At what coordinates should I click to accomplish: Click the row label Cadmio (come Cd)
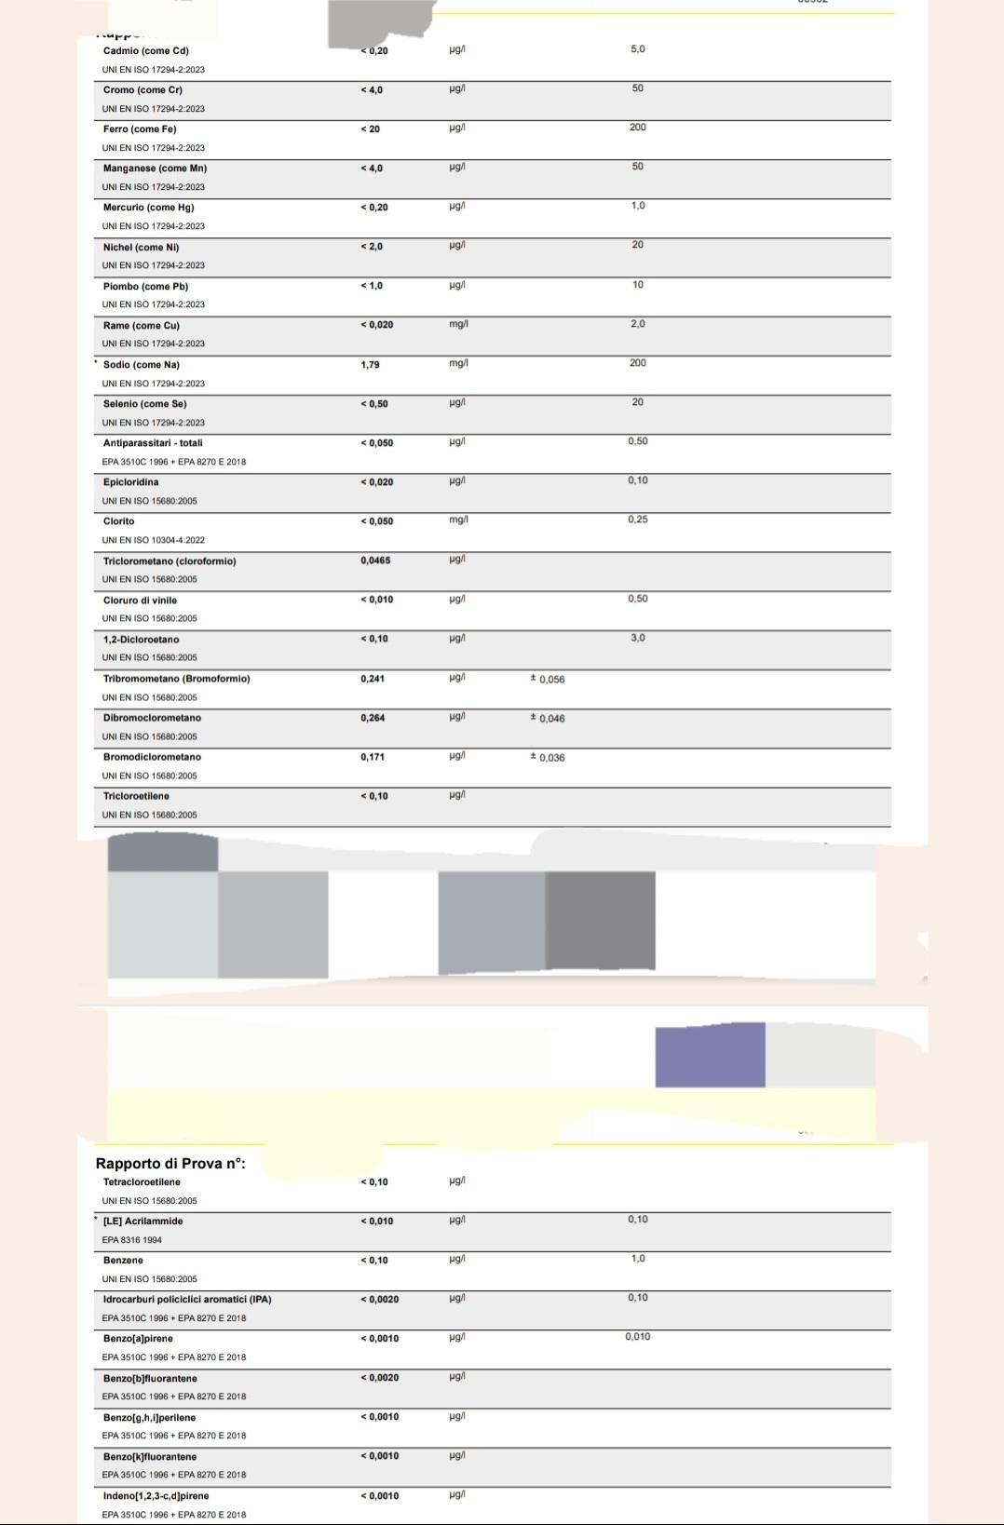[145, 51]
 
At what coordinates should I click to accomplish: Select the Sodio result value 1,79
[370, 365]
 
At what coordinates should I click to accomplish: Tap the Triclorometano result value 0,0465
[375, 561]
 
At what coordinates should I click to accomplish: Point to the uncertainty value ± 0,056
[548, 680]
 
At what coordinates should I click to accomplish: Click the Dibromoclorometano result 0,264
[373, 718]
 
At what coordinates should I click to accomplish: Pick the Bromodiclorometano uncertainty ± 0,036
[548, 758]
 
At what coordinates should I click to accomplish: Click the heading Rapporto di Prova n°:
[170, 1163]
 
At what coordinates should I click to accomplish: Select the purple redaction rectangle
[710, 1056]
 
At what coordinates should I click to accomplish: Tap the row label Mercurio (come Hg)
[148, 208]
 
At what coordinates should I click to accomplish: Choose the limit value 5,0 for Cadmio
[637, 49]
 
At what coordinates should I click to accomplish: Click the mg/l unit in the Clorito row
[458, 520]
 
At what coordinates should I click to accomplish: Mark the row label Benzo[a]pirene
[138, 1339]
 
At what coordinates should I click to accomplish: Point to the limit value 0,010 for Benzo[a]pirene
[637, 1337]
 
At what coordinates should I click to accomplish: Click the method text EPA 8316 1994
[132, 1240]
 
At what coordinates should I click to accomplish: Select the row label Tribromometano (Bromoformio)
[176, 679]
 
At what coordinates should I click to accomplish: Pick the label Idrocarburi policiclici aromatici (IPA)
[187, 1300]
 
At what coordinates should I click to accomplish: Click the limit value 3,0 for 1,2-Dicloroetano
[637, 639]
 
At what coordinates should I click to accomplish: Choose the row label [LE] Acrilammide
[142, 1221]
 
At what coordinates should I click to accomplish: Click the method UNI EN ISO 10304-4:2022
[154, 540]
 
